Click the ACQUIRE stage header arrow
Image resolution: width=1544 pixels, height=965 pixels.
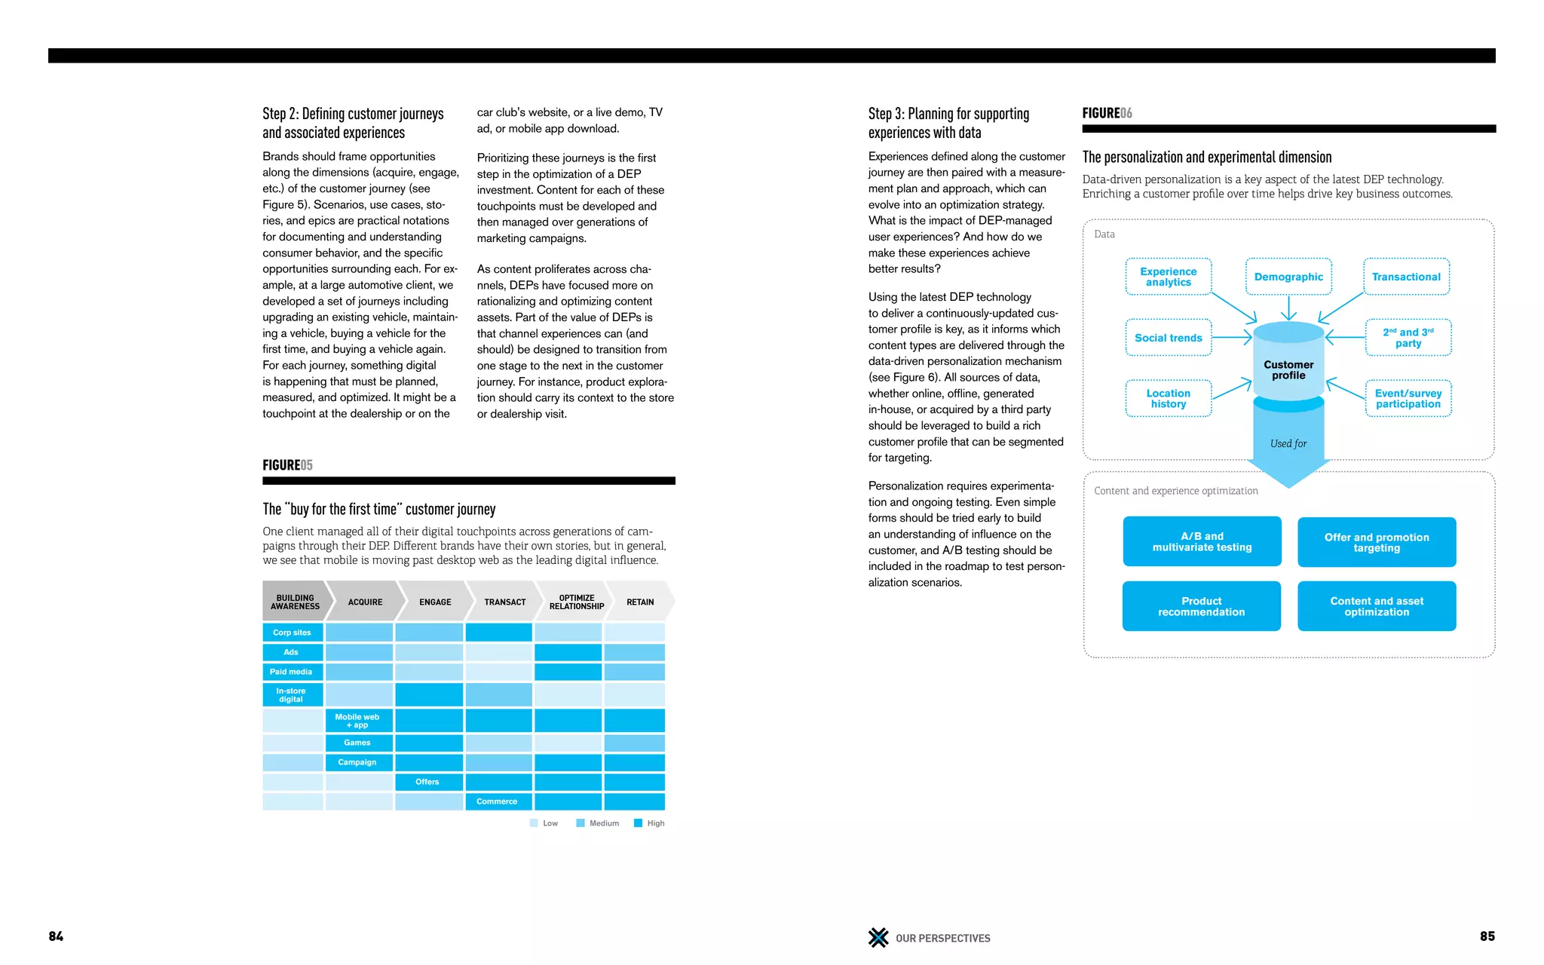[365, 602]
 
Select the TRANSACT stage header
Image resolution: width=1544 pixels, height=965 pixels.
[504, 602]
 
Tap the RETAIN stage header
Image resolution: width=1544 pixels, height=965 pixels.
[640, 602]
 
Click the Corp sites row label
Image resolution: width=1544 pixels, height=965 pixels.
[293, 633]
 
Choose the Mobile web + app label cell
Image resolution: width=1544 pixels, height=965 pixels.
[358, 721]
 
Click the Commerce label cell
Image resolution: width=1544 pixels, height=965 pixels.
[498, 801]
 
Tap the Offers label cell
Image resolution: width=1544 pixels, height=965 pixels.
[427, 782]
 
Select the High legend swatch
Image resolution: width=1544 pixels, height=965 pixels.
[639, 823]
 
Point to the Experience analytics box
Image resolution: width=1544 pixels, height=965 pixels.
[1168, 277]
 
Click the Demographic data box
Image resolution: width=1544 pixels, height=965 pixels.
[1288, 277]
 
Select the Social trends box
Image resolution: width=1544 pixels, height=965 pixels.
[1168, 338]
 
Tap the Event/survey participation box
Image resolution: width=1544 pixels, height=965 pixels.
[1408, 399]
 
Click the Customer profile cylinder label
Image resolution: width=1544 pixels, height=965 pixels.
[1288, 369]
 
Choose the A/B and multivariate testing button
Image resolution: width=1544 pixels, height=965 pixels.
[1202, 541]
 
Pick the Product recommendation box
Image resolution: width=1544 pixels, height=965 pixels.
[1201, 606]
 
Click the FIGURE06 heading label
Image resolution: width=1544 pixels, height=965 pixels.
[1107, 113]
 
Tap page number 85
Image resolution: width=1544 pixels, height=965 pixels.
[1487, 936]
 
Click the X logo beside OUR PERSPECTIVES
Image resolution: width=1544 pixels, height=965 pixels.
[878, 937]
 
